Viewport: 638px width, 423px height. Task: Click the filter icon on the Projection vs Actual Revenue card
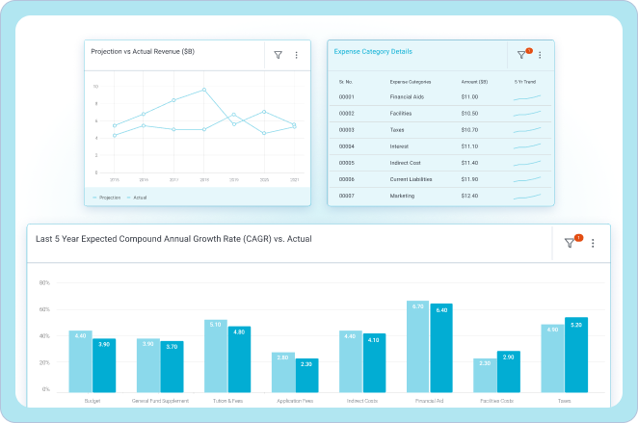[x=279, y=56]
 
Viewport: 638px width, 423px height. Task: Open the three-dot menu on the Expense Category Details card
[x=540, y=56]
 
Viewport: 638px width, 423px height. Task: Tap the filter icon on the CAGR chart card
[x=570, y=244]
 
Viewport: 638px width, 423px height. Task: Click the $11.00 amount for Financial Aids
[x=469, y=96]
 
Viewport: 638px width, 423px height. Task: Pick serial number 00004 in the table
[x=347, y=146]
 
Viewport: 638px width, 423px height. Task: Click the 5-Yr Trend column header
[x=526, y=81]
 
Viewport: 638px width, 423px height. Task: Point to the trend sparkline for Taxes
[x=527, y=129]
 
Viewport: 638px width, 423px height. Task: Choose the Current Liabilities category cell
[x=411, y=179]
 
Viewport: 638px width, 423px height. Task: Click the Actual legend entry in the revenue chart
[x=138, y=198]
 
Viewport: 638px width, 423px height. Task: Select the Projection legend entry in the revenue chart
[x=107, y=198]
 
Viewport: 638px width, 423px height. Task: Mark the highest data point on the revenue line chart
[x=204, y=90]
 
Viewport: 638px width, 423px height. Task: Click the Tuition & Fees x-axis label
[x=226, y=401]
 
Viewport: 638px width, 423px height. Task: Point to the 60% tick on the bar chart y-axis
[x=44, y=310]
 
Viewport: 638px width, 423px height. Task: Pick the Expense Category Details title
[x=373, y=51]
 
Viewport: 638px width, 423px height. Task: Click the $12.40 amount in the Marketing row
[x=469, y=196]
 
